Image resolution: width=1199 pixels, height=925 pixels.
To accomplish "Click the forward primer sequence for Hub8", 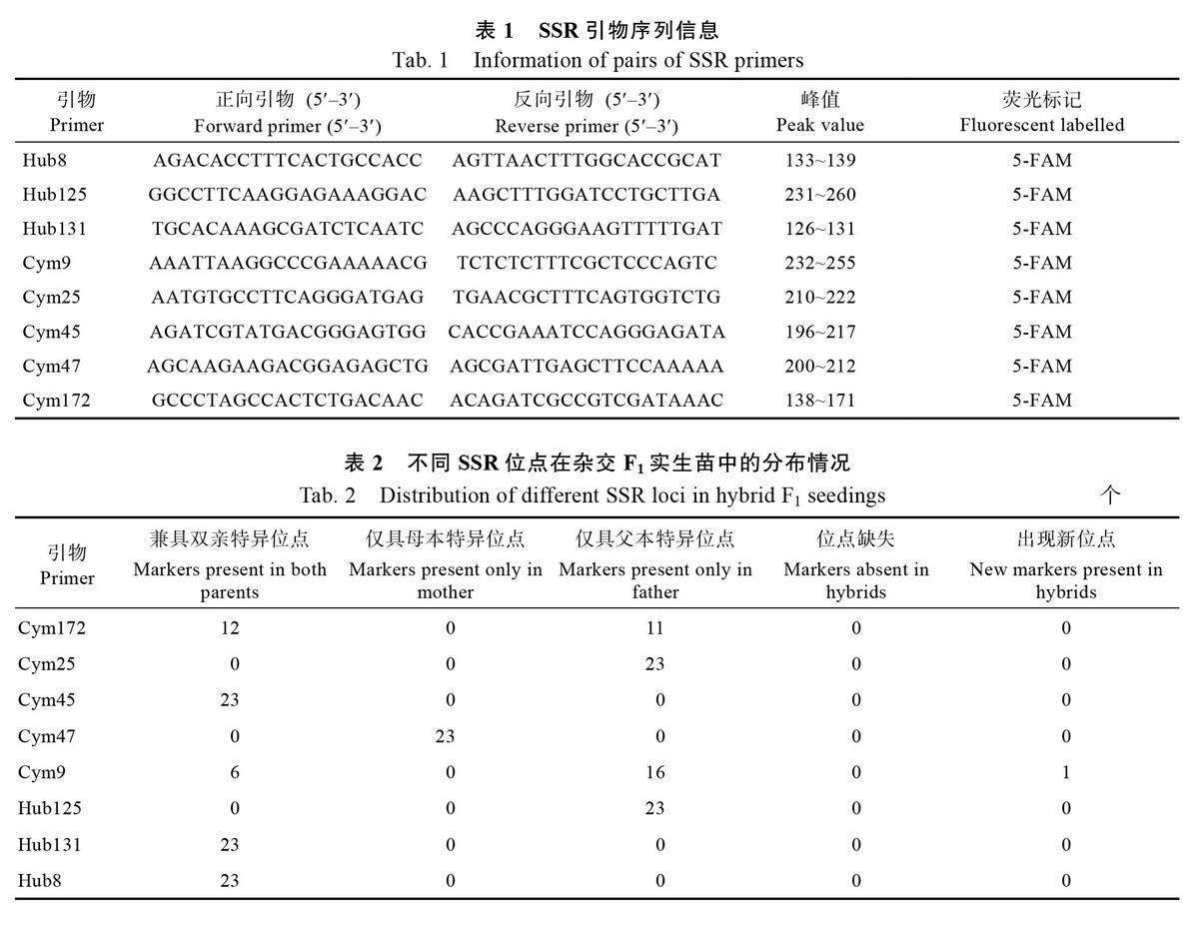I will [x=288, y=160].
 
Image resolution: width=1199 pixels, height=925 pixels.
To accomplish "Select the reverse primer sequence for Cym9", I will [x=587, y=263].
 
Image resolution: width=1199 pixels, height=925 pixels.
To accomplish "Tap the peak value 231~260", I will [x=819, y=194].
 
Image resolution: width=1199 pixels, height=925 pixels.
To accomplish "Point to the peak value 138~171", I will [x=819, y=400].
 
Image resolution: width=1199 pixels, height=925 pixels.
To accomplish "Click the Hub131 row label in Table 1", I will [x=54, y=228].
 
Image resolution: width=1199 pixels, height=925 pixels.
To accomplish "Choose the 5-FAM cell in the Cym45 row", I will [x=1041, y=332].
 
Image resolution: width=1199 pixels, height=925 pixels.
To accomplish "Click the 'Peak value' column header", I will [x=819, y=125].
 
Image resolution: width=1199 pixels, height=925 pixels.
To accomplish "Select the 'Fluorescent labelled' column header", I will [x=1041, y=125].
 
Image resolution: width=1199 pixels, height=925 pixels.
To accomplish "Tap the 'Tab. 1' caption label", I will [x=420, y=60].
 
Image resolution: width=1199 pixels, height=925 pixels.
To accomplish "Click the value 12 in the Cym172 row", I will [x=230, y=628].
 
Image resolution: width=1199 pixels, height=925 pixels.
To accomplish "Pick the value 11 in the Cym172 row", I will [x=654, y=628].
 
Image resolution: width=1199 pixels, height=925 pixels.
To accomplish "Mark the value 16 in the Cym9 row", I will [x=654, y=772].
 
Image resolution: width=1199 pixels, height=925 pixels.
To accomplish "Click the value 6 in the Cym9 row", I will [x=234, y=772].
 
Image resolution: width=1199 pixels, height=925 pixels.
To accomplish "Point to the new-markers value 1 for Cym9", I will [x=1066, y=772].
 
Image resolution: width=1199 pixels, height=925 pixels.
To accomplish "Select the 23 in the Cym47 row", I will [x=445, y=736].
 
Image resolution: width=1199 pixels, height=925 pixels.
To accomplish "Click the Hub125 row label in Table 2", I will [x=49, y=808].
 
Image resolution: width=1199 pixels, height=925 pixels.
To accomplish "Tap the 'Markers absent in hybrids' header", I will [x=856, y=580].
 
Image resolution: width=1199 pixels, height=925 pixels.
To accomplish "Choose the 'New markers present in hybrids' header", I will [x=1066, y=580].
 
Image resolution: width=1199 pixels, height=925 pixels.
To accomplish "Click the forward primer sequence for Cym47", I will [x=288, y=366].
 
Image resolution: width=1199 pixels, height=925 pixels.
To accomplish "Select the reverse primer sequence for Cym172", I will [x=587, y=400].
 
